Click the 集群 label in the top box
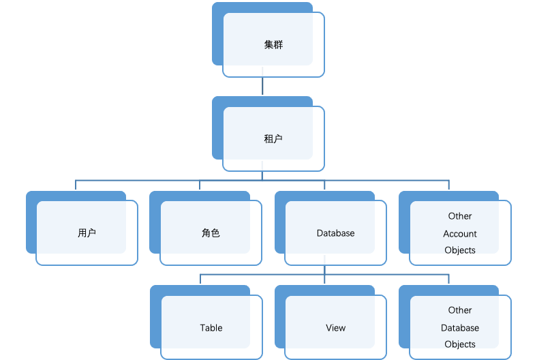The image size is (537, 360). pos(273,45)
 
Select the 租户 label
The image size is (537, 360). pos(273,139)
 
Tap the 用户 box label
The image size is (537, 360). pos(87,233)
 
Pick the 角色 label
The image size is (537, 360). pos(211,233)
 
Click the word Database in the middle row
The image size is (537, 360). pos(335,233)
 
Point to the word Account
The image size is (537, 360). pos(460,234)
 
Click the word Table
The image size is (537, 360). pos(211,328)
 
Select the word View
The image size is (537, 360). pos(335,328)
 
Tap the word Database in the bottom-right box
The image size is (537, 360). pos(460,328)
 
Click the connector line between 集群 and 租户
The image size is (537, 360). pos(262,86)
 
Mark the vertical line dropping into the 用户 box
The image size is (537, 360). pos(75,185)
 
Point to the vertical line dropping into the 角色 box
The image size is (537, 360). pos(200,185)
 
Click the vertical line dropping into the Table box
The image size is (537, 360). pos(200,280)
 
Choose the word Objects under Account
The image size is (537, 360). pos(460,250)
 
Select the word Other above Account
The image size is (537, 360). pos(460,216)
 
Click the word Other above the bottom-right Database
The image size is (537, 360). pos(460,310)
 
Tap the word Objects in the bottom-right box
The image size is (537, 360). pos(460,344)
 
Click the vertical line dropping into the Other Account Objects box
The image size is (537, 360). pos(449,185)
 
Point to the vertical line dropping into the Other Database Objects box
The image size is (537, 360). pos(449,280)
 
